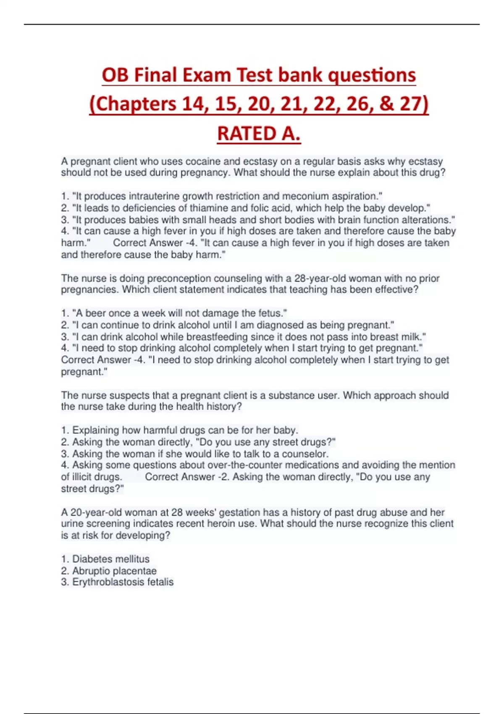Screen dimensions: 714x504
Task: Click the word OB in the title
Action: pos(115,76)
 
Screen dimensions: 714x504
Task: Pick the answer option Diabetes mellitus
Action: pos(111,559)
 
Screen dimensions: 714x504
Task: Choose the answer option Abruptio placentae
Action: pos(114,571)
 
